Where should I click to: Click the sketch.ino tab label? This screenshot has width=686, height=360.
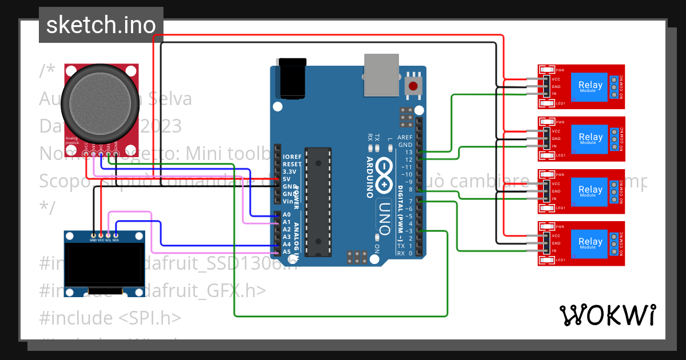[101, 25]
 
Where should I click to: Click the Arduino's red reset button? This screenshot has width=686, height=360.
[413, 86]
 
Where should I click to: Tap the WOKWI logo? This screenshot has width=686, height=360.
[607, 315]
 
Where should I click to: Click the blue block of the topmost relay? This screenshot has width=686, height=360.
[591, 86]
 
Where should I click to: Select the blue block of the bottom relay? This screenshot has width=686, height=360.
[591, 243]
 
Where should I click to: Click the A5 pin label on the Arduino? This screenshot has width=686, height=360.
[287, 251]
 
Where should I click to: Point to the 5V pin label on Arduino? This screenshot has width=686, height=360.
[287, 179]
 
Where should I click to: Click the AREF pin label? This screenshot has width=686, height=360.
[405, 138]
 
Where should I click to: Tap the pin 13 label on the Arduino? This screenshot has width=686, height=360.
[408, 153]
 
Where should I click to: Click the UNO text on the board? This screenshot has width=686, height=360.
[384, 214]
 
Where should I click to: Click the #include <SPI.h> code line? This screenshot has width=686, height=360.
[111, 318]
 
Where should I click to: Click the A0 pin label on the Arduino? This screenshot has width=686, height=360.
[287, 215]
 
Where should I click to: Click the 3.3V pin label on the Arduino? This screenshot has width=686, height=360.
[290, 171]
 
